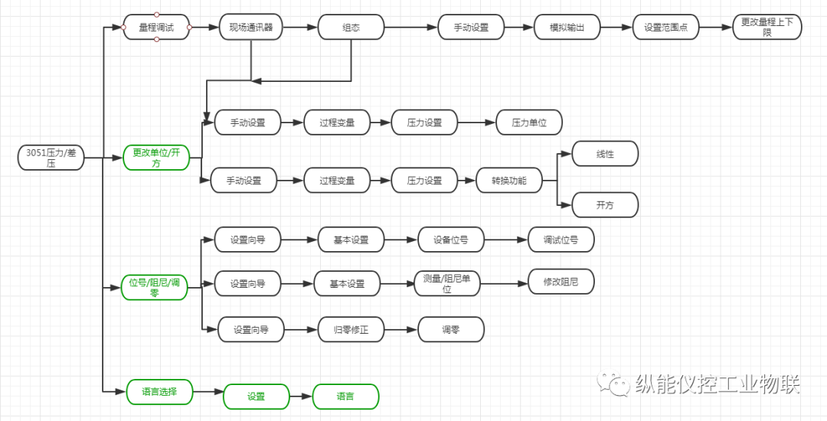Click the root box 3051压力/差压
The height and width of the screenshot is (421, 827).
tap(51, 158)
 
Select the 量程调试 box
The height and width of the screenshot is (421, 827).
tap(156, 28)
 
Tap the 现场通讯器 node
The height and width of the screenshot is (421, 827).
tap(251, 28)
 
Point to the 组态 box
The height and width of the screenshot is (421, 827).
tap(351, 28)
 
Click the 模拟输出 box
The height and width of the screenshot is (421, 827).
tap(567, 28)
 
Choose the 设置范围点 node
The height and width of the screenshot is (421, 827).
tap(665, 28)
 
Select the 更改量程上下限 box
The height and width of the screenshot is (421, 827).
tap(767, 28)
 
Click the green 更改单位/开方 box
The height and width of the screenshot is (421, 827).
tap(156, 158)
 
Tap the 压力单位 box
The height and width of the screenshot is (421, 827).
tap(529, 122)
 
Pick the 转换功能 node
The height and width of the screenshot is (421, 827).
tap(508, 181)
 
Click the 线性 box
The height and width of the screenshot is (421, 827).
tap(605, 154)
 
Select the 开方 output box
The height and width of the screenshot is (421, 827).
tap(605, 205)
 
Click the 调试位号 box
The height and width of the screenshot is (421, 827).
tap(561, 240)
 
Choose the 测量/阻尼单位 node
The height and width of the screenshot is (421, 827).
tap(446, 283)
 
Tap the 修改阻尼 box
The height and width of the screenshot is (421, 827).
tap(561, 282)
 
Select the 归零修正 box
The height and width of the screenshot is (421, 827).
tap(351, 330)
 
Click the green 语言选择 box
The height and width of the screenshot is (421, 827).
tap(159, 391)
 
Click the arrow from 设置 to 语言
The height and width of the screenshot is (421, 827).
tap(301, 397)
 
